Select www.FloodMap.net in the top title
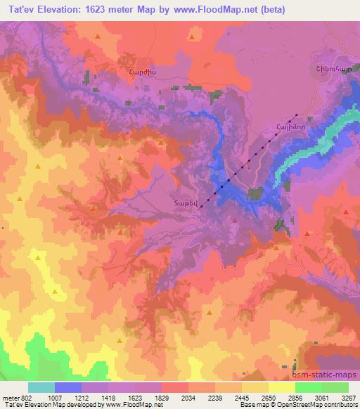tap(215, 9)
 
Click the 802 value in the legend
tap(26, 396)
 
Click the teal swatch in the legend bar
tap(41, 387)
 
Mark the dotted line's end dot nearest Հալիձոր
tap(296, 115)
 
